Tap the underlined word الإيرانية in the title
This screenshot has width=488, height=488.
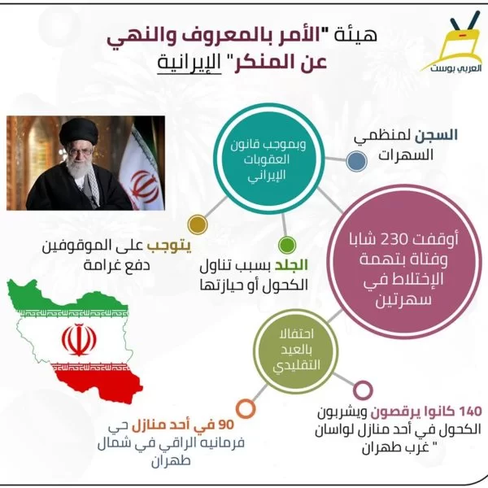189,63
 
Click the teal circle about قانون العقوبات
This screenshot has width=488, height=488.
268,159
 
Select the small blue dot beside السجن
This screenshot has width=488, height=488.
357,161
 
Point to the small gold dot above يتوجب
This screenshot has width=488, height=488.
198,224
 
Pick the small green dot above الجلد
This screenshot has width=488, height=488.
287,245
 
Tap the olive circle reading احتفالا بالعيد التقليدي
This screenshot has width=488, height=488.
296,351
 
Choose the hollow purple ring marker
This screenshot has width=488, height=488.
364,390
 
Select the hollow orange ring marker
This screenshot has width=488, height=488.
246,408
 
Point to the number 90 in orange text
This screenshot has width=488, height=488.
226,425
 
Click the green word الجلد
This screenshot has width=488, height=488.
291,265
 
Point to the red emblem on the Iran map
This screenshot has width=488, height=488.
79,339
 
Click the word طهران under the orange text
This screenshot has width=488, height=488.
171,461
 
